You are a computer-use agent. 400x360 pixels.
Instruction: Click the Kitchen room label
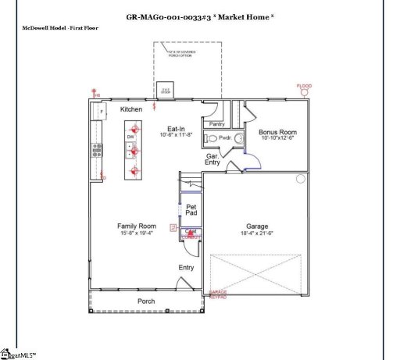point(131,110)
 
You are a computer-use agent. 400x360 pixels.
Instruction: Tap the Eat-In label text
point(176,129)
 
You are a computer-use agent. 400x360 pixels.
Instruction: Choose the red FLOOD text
point(304,86)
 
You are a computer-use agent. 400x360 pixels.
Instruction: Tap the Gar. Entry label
point(212,159)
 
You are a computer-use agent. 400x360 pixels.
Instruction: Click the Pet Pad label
point(191,209)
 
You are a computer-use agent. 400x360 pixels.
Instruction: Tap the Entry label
point(186,268)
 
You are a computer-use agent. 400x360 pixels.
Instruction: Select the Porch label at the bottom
point(146,301)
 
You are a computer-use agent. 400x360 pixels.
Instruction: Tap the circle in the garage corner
point(301,179)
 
